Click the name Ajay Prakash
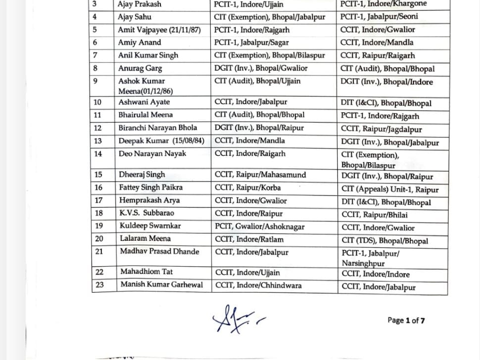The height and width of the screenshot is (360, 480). [140, 4]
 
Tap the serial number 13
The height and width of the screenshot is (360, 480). [98, 141]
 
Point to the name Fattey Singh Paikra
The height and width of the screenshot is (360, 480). [150, 187]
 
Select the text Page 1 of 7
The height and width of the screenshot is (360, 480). [406, 320]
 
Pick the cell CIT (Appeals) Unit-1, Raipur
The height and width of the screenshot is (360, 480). [390, 189]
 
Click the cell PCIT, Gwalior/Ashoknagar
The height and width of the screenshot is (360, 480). [260, 226]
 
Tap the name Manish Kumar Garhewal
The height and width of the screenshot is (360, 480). [161, 284]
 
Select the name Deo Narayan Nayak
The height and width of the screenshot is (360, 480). [152, 154]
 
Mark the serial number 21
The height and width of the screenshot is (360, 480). [99, 252]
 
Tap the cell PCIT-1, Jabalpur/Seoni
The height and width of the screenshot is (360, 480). [379, 16]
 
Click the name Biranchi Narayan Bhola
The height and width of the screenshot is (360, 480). [157, 128]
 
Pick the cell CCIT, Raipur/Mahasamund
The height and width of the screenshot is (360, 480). [260, 175]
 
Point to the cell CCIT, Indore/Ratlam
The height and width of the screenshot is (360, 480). [249, 239]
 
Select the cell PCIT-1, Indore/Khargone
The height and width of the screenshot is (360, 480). [384, 4]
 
